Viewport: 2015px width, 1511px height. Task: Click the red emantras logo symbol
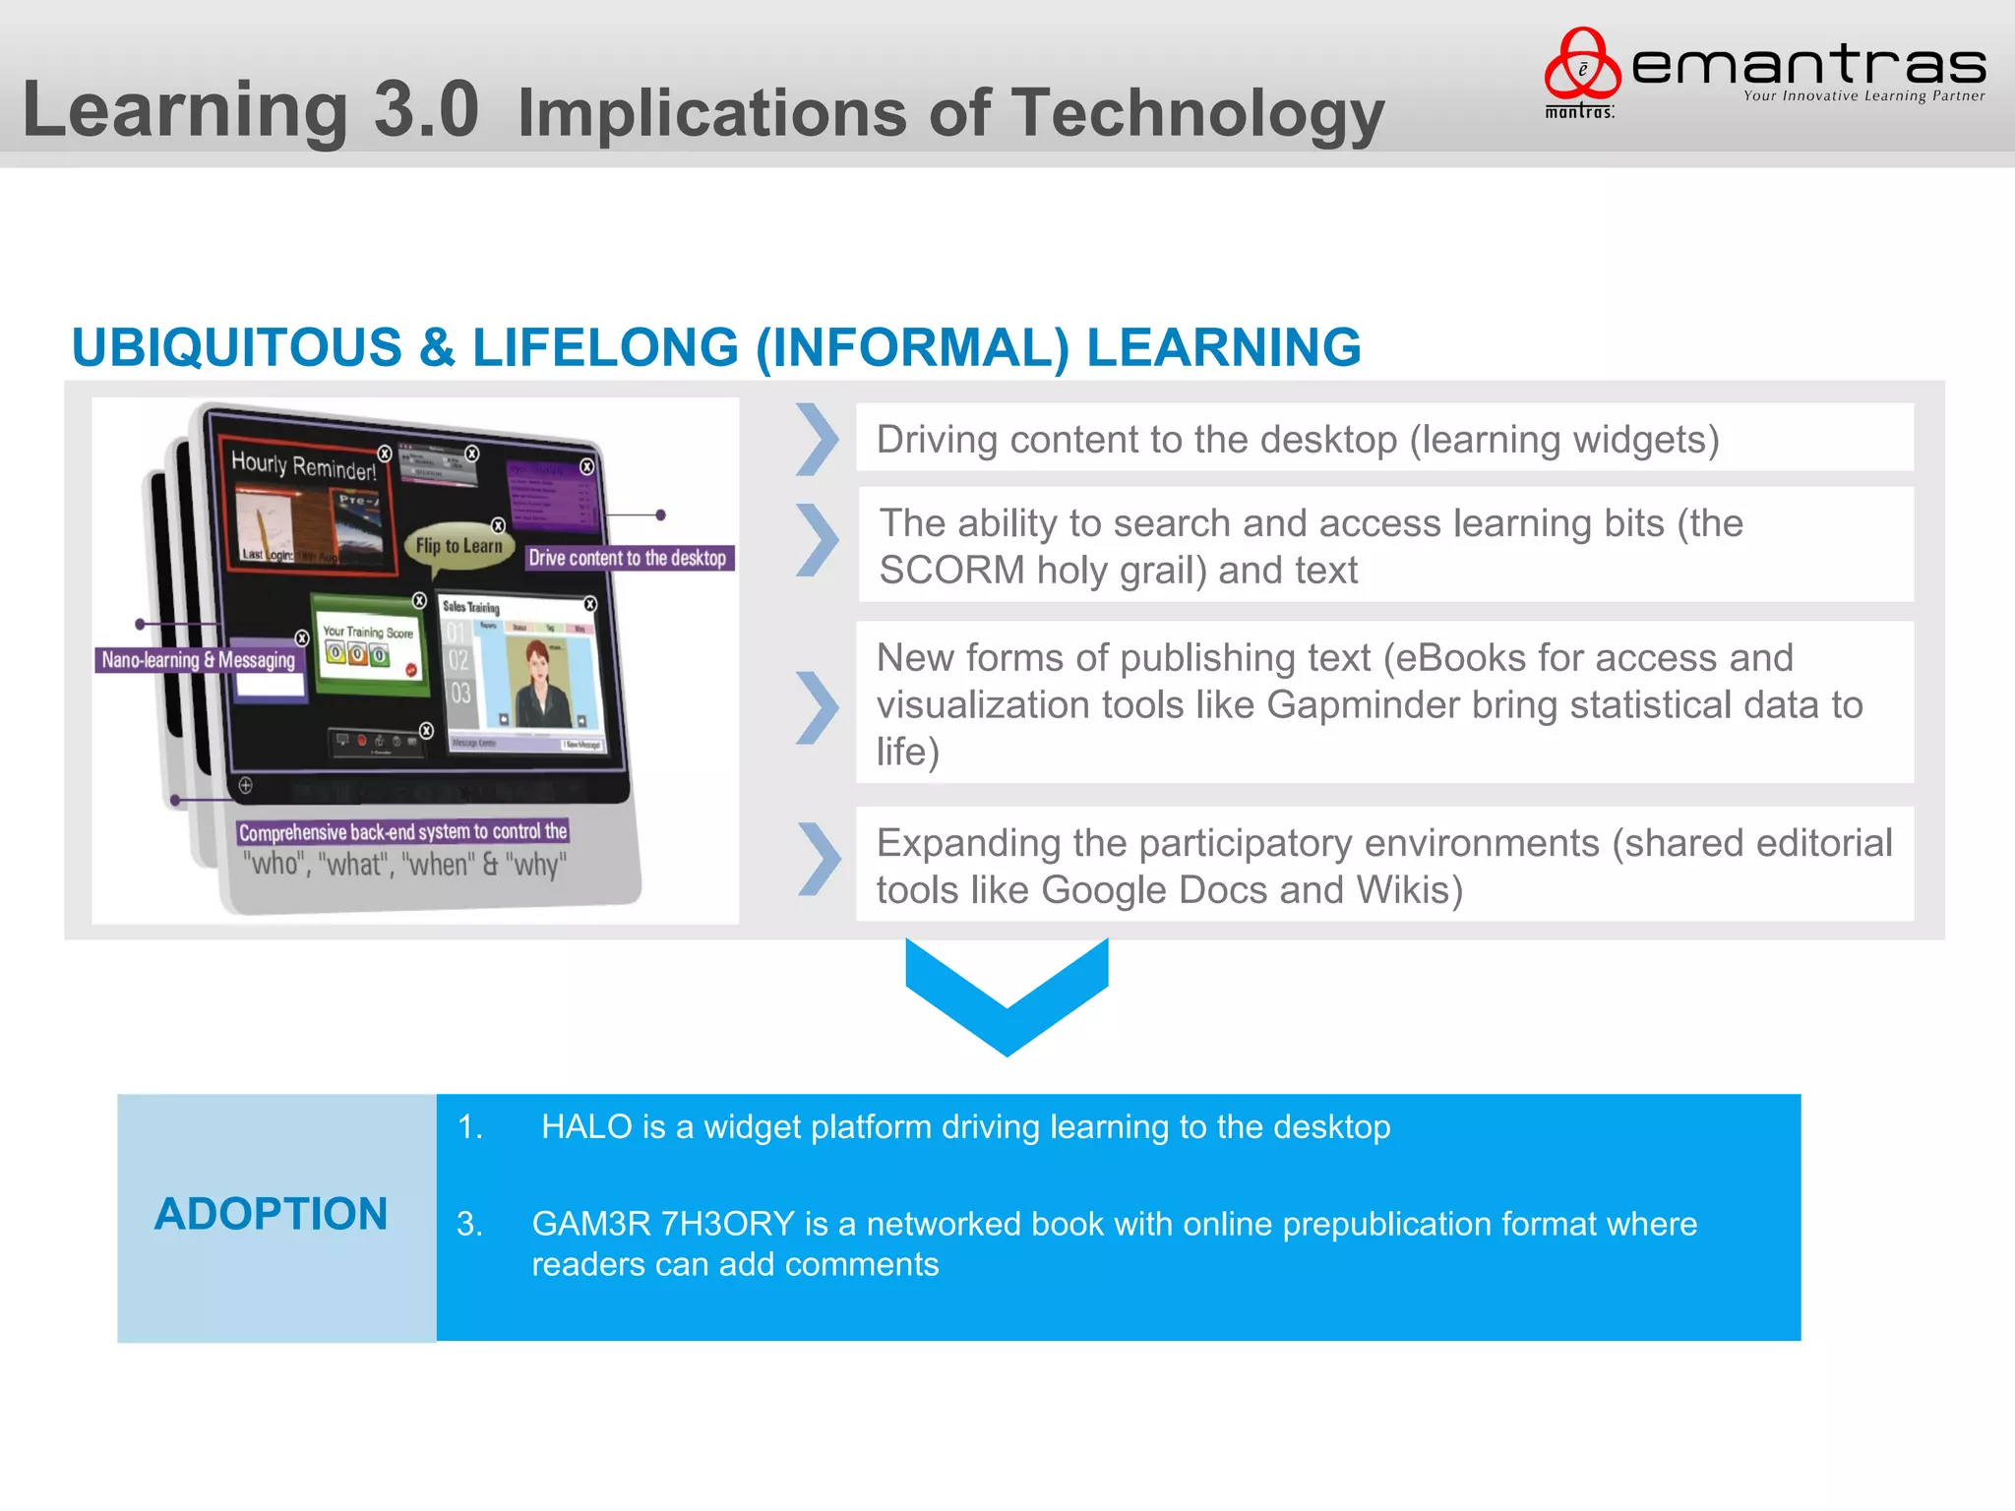point(1581,65)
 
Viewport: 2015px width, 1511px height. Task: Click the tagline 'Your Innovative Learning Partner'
point(1863,96)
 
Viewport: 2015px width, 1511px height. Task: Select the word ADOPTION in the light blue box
point(271,1214)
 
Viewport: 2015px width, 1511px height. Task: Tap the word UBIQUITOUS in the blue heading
point(236,348)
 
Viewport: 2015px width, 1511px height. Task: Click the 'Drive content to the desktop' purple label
point(628,559)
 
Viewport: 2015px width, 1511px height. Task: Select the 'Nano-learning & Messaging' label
point(199,660)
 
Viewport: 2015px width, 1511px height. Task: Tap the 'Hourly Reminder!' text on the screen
point(303,465)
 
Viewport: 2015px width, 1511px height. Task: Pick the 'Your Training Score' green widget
point(368,644)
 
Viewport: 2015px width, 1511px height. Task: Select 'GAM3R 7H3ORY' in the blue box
point(662,1225)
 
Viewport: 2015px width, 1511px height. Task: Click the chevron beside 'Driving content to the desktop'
point(817,440)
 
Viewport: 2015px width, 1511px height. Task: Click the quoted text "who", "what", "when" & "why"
point(404,865)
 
